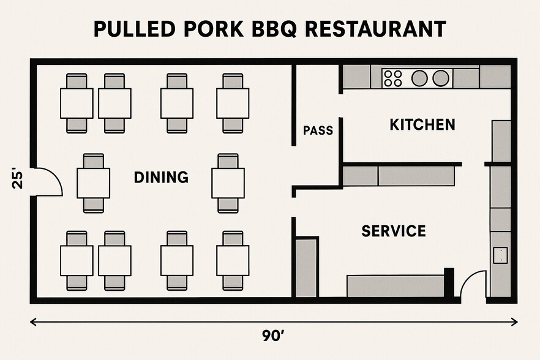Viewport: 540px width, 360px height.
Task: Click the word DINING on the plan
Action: pyautogui.click(x=161, y=177)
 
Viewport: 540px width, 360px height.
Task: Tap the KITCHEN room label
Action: pyautogui.click(x=422, y=124)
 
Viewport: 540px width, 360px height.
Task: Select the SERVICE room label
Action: pyautogui.click(x=394, y=230)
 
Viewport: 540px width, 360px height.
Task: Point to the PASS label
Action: pyautogui.click(x=318, y=130)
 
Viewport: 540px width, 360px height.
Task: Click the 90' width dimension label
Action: pyautogui.click(x=273, y=336)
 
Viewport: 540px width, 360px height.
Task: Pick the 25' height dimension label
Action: pyautogui.click(x=18, y=178)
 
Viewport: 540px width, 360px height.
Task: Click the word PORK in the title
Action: pyautogui.click(x=214, y=29)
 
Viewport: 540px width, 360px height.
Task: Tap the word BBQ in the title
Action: pyautogui.click(x=274, y=29)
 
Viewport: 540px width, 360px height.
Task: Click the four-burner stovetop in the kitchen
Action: pyautogui.click(x=393, y=78)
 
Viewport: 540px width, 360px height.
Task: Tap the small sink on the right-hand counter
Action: pyautogui.click(x=500, y=255)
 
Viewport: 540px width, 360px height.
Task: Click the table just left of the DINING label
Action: pyautogui.click(x=93, y=183)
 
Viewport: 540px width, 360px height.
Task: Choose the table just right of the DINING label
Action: pyautogui.click(x=228, y=183)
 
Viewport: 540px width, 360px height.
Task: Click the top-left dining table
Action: pyautogui.click(x=77, y=103)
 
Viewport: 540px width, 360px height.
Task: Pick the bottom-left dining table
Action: pyautogui.click(x=77, y=260)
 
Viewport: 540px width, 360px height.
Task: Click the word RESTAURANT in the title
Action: pyautogui.click(x=375, y=29)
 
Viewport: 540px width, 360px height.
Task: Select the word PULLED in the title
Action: pyautogui.click(x=134, y=29)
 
